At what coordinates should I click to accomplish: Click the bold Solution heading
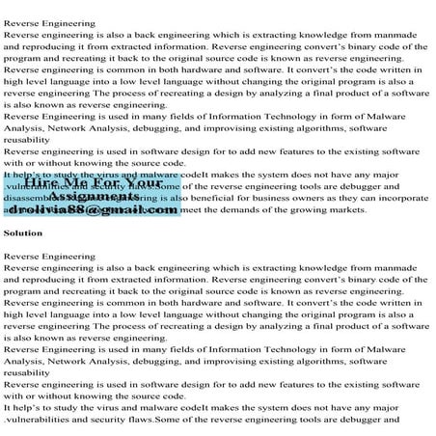(x=23, y=233)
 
